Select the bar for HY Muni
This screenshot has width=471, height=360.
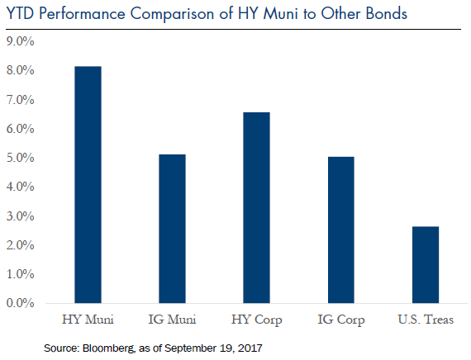point(88,185)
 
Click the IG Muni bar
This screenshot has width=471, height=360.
point(172,229)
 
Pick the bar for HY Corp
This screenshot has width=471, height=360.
point(256,208)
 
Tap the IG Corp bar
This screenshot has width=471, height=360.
point(341,230)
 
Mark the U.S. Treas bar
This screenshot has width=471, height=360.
point(426,265)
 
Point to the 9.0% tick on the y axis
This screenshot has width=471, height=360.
point(20,41)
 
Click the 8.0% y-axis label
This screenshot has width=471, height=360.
point(20,70)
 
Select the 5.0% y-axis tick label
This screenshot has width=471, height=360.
point(20,158)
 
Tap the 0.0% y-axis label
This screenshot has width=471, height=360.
point(20,303)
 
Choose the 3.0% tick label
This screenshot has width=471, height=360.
point(20,216)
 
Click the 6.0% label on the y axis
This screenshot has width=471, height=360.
point(20,129)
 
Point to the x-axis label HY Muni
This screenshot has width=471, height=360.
point(88,320)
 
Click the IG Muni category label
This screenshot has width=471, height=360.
point(172,320)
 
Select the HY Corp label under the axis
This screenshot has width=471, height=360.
point(257,320)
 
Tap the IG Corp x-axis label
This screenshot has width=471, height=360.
point(341,320)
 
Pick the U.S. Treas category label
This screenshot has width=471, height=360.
point(426,320)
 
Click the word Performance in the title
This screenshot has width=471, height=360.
point(82,14)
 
